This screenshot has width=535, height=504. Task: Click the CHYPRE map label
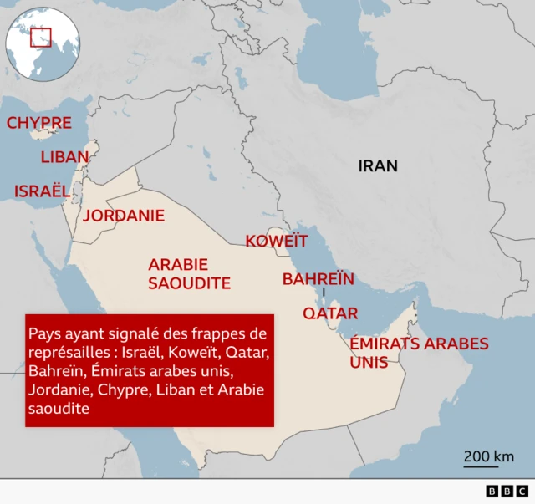pos(39,124)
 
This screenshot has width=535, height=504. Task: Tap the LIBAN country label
pos(64,157)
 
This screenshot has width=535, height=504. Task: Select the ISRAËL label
pos(42,191)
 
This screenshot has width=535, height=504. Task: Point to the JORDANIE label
pos(124,216)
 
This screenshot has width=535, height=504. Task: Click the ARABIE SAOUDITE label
pos(189,274)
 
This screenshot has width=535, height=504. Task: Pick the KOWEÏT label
pos(276,242)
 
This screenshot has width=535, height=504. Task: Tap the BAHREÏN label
pos(318,279)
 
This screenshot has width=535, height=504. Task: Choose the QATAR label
pos(330,313)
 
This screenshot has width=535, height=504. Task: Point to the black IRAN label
pos(378,166)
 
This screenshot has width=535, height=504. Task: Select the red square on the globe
pos(41,38)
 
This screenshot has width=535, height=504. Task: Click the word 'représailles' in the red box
pos(68,353)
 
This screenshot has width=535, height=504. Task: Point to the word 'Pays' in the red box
pos(44,334)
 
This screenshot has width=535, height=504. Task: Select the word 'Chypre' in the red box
pos(121,390)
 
